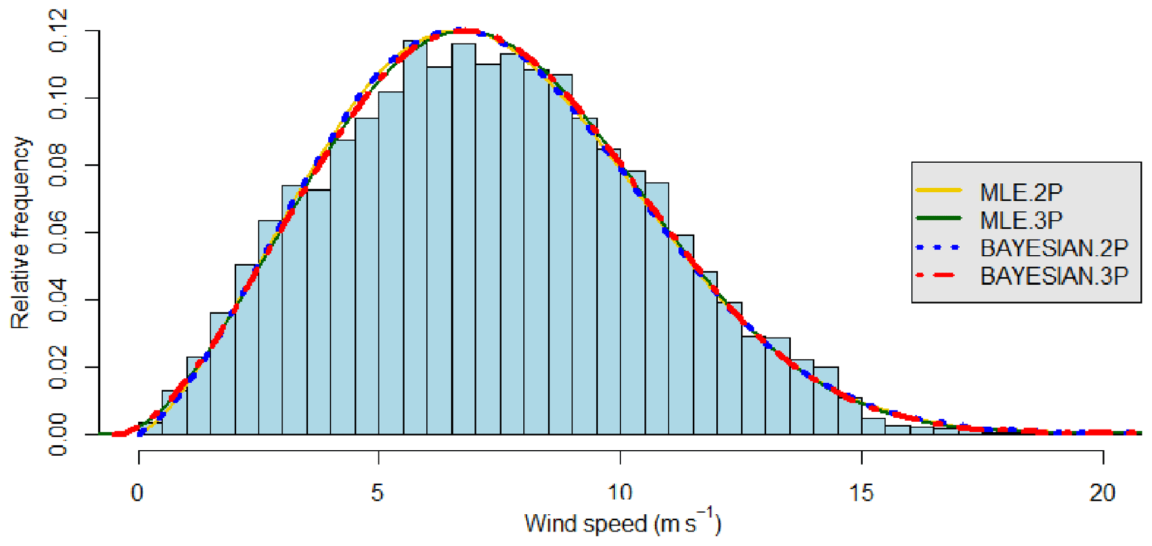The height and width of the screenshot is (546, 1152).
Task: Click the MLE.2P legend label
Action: pyautogui.click(x=1021, y=192)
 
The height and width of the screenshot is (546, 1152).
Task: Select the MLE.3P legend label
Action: pyautogui.click(x=1021, y=220)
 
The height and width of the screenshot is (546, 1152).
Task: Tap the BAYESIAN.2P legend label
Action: pyautogui.click(x=1054, y=248)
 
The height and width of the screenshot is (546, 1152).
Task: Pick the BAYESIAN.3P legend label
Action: pyautogui.click(x=1054, y=276)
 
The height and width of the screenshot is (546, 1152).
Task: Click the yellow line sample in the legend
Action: pyautogui.click(x=939, y=191)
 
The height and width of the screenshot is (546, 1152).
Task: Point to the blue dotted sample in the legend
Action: pyautogui.click(x=939, y=247)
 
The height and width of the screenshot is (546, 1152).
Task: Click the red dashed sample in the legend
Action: pyautogui.click(x=939, y=275)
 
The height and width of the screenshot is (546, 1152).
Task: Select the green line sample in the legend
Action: pyautogui.click(x=939, y=218)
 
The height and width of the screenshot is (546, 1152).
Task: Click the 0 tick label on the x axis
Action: pyautogui.click(x=138, y=493)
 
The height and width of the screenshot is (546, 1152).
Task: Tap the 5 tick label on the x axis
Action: pyautogui.click(x=378, y=493)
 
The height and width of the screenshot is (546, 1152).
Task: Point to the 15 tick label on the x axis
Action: pyautogui.click(x=862, y=493)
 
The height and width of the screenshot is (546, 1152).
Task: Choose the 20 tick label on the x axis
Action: pyautogui.click(x=1102, y=493)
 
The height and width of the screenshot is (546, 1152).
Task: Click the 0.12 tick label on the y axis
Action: pyautogui.click(x=59, y=31)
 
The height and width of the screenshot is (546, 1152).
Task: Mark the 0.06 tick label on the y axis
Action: pyautogui.click(x=59, y=232)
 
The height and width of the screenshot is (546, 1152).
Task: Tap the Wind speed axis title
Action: pyautogui.click(x=623, y=524)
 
